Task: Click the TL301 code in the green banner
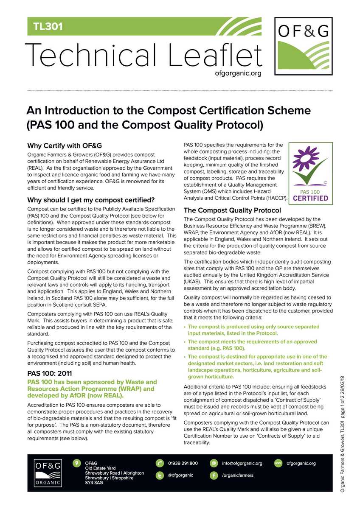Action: (48, 27)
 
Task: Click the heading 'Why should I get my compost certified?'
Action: (90, 200)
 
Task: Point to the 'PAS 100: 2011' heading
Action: (49, 374)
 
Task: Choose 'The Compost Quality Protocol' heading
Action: (232, 210)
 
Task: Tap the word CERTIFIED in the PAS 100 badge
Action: (311, 198)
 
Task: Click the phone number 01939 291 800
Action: (183, 463)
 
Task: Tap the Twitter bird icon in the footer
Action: (160, 475)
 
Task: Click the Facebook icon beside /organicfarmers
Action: (214, 475)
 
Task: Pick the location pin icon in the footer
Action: (76, 463)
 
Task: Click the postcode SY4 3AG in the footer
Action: (94, 483)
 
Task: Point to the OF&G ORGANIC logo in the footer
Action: (48, 473)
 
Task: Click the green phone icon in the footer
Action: (160, 463)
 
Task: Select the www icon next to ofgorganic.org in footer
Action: (278, 463)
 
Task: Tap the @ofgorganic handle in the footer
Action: (180, 475)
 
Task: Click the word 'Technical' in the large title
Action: (91, 56)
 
